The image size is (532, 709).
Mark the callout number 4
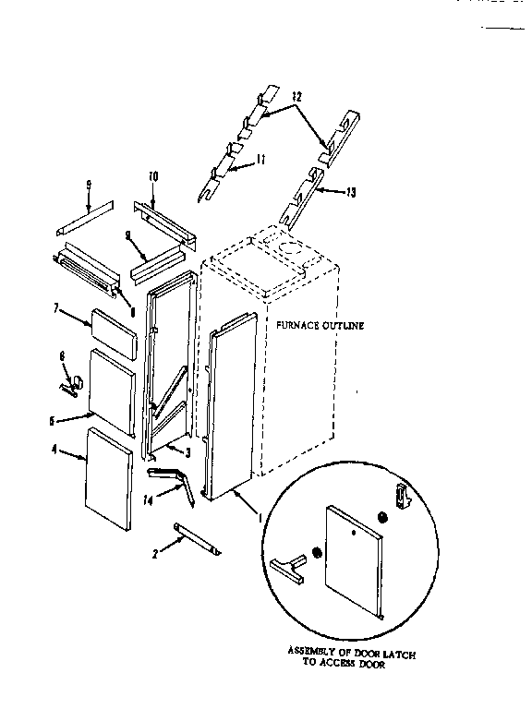click(x=56, y=451)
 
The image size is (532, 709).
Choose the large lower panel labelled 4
click(x=107, y=480)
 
